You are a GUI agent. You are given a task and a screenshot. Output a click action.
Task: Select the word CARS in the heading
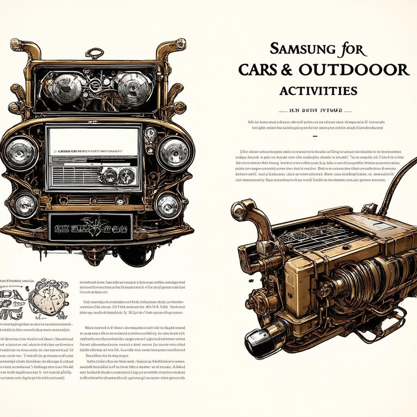pyautogui.click(x=259, y=70)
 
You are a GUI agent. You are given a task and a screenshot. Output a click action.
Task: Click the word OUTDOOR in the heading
pyautogui.click(x=353, y=70)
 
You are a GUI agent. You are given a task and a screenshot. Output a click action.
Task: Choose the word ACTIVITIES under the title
pyautogui.click(x=318, y=90)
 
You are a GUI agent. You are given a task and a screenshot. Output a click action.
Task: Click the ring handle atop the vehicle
pyautogui.click(x=94, y=53)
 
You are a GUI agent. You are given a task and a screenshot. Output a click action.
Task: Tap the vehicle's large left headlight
pyautogui.click(x=20, y=154)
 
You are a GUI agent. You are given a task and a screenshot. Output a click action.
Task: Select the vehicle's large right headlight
pyautogui.click(x=174, y=154)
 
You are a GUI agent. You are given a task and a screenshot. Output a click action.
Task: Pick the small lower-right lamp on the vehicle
pyautogui.click(x=168, y=205)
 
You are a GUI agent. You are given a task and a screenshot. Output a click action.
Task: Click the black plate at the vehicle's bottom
pyautogui.click(x=90, y=226)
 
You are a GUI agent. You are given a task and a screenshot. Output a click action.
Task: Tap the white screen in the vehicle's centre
pyautogui.click(x=92, y=141)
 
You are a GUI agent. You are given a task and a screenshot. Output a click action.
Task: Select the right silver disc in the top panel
pyautogui.click(x=129, y=86)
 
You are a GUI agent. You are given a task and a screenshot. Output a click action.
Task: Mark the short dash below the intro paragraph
pyautogui.click(x=314, y=136)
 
